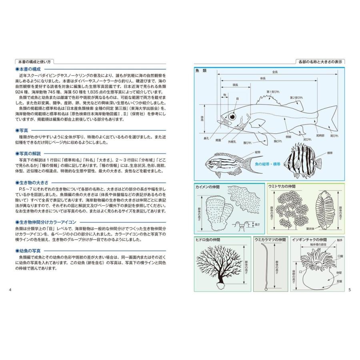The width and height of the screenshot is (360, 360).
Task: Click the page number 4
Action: (10, 290)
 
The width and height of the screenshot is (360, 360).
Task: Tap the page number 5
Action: (349, 290)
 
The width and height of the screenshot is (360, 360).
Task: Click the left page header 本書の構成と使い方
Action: (35, 62)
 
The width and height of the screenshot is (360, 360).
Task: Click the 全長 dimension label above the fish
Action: (275, 72)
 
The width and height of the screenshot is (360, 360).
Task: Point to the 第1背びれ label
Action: (274, 92)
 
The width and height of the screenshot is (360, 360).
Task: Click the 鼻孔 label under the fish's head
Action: (206, 138)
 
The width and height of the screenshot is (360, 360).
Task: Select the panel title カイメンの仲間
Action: (208, 187)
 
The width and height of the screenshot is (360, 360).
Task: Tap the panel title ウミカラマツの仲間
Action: (271, 240)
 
